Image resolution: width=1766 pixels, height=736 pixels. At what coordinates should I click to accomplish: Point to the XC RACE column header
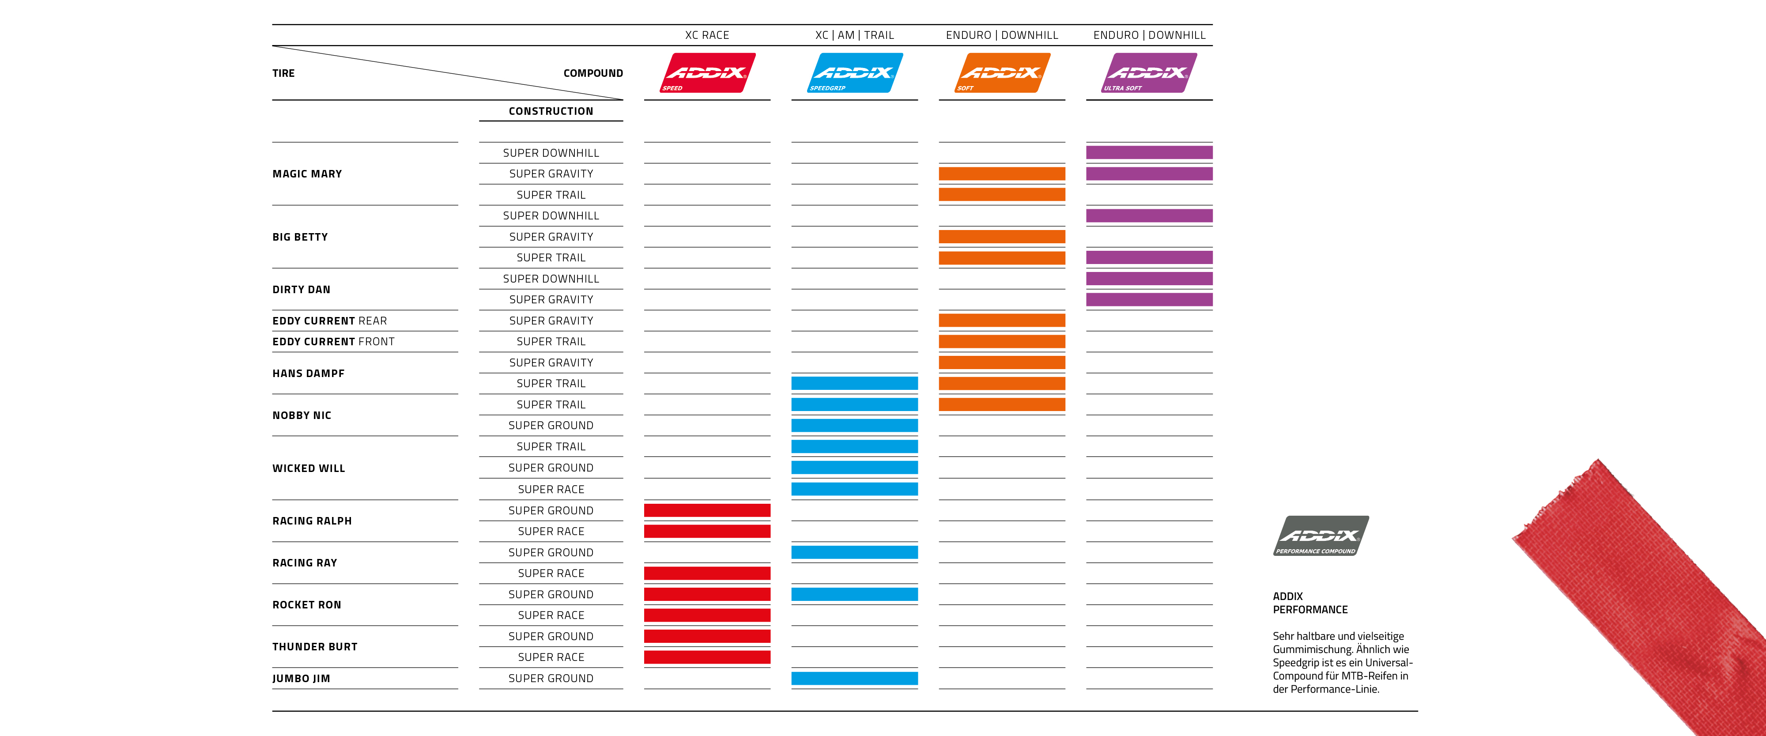pyautogui.click(x=707, y=35)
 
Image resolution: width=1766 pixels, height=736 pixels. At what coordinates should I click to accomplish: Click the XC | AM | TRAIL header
pyautogui.click(x=854, y=35)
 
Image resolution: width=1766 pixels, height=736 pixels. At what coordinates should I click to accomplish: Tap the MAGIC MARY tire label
pyautogui.click(x=307, y=174)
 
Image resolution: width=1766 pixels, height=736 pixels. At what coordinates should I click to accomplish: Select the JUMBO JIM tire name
pyautogui.click(x=301, y=679)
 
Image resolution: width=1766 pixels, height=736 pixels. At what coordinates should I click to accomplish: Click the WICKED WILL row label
pyautogui.click(x=309, y=468)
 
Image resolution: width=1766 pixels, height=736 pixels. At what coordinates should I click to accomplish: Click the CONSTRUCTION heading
pyautogui.click(x=551, y=111)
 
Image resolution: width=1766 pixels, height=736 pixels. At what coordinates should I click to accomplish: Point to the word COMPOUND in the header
pyautogui.click(x=593, y=73)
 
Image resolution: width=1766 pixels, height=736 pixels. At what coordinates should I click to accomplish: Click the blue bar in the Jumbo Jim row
pyautogui.click(x=854, y=679)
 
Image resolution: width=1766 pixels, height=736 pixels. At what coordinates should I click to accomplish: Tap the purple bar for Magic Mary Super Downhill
pyautogui.click(x=1149, y=153)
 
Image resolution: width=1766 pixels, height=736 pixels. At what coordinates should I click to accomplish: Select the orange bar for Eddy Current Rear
pyautogui.click(x=1002, y=321)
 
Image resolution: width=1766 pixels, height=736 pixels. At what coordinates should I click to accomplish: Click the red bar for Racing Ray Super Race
pyautogui.click(x=707, y=574)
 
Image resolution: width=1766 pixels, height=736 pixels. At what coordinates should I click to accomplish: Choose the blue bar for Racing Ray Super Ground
pyautogui.click(x=854, y=552)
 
